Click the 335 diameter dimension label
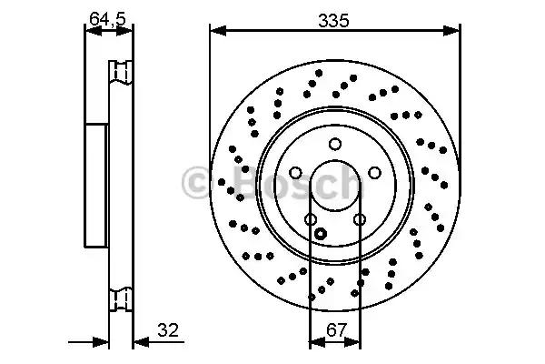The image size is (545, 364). (333, 21)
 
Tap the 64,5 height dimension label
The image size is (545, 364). (107, 18)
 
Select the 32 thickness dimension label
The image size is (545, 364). (168, 329)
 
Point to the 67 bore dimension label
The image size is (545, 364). (336, 329)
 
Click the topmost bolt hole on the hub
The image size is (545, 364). (335, 144)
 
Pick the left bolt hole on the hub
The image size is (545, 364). (295, 173)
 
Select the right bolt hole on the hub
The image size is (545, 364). (374, 173)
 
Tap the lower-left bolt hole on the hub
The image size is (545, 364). (311, 219)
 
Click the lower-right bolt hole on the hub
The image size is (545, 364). (360, 219)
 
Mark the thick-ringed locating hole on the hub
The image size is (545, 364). (320, 233)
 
